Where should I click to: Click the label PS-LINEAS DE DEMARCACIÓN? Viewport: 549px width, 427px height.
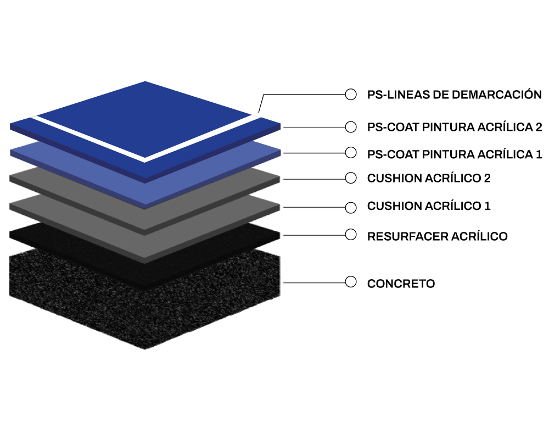[454, 94]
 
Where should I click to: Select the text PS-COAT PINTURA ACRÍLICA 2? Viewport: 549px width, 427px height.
[455, 127]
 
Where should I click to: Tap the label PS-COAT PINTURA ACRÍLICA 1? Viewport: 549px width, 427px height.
[455, 154]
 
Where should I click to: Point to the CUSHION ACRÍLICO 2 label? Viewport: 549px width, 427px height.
[429, 178]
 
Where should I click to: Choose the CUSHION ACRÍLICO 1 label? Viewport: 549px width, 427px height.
[429, 206]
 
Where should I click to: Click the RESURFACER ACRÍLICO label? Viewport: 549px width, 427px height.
[438, 236]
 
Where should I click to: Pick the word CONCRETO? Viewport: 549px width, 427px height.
[401, 283]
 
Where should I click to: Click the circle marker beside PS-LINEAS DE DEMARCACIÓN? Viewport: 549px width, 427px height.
[350, 94]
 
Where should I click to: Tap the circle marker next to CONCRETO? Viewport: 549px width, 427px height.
[350, 281]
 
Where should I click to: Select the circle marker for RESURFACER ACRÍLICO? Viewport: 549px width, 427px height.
[350, 235]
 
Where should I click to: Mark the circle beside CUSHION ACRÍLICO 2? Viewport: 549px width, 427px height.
[350, 178]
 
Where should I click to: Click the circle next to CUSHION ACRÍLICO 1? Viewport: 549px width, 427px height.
[350, 207]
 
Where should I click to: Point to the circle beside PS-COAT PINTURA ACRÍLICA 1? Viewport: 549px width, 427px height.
[350, 153]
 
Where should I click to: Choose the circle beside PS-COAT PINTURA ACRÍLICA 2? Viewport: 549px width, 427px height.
[350, 127]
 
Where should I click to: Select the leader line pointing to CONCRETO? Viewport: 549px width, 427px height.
[314, 282]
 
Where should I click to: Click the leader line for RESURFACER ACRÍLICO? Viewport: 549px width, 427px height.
[314, 235]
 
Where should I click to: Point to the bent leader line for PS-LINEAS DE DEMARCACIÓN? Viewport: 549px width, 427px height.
[301, 95]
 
